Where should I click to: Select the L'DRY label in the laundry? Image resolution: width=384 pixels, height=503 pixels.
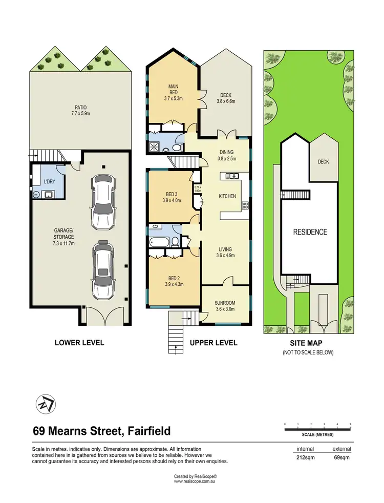click(49, 182)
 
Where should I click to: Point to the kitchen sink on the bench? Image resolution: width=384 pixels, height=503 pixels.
click(232, 177)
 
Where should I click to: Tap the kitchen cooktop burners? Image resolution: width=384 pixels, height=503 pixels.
click(245, 206)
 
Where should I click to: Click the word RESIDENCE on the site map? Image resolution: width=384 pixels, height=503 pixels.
click(309, 232)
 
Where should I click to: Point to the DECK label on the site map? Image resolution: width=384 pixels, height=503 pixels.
click(323, 162)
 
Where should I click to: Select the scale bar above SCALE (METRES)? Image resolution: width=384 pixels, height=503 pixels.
click(317, 427)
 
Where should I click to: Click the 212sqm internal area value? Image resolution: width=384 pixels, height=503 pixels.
click(306, 457)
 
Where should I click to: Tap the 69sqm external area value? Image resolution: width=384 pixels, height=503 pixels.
click(342, 457)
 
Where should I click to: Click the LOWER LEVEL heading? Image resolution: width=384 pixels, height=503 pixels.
click(79, 343)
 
